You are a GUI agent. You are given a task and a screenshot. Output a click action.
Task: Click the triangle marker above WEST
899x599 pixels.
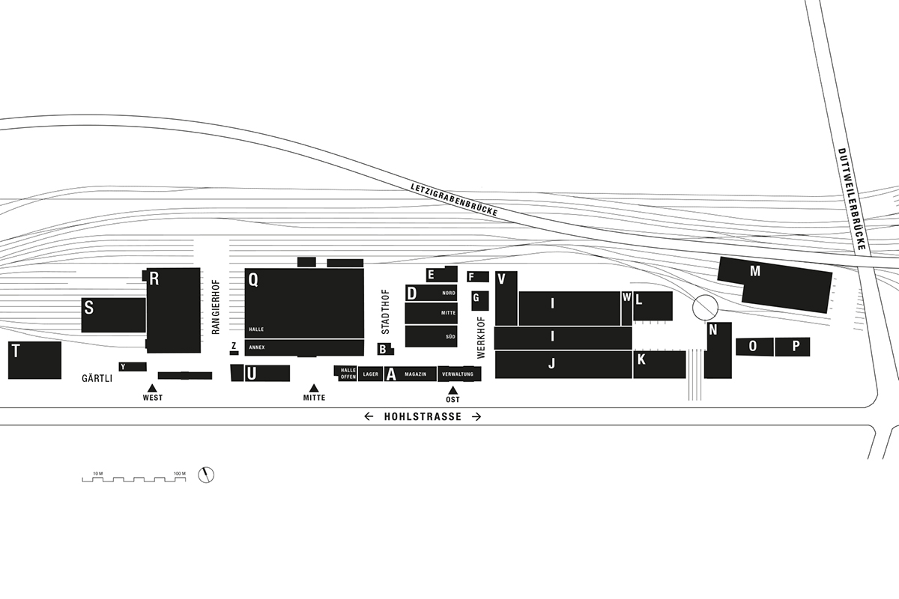pyautogui.click(x=151, y=388)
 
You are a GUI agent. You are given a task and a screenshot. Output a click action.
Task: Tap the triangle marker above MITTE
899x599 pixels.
pyautogui.click(x=314, y=388)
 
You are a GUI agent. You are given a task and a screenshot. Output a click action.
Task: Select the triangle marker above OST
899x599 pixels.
pyautogui.click(x=452, y=390)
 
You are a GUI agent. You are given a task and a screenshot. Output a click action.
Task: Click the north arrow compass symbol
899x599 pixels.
pyautogui.click(x=206, y=475)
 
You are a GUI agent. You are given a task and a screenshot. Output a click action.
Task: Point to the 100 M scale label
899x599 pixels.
pyautogui.click(x=179, y=473)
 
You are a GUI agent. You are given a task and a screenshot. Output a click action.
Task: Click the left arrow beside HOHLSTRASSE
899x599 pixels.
pyautogui.click(x=369, y=416)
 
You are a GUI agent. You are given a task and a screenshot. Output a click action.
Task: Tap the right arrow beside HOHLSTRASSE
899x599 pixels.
pyautogui.click(x=476, y=416)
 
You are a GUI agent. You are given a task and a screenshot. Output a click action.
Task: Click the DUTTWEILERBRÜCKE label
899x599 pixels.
pyautogui.click(x=852, y=199)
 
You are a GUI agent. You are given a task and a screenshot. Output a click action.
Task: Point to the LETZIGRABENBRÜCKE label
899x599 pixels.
pyautogui.click(x=454, y=200)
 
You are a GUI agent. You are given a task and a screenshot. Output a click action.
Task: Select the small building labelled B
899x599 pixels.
pyautogui.click(x=385, y=349)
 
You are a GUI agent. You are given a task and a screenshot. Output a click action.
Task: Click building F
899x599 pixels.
pyautogui.click(x=478, y=277)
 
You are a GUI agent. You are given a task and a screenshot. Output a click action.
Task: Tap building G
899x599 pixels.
pyautogui.click(x=480, y=300)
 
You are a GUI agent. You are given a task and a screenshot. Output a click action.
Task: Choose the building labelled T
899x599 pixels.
pyautogui.click(x=35, y=360)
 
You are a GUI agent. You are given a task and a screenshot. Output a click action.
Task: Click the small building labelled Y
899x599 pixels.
pyautogui.click(x=133, y=367)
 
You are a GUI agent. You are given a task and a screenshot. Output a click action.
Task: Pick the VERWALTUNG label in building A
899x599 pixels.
pyautogui.click(x=458, y=374)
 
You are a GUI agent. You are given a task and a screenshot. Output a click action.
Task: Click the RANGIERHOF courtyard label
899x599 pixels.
pyautogui.click(x=216, y=307)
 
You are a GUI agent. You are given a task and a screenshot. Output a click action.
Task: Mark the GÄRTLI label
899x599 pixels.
pyautogui.click(x=97, y=378)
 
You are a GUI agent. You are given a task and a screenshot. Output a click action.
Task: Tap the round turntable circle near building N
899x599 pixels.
pyautogui.click(x=705, y=307)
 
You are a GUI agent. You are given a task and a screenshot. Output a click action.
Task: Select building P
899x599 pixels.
pyautogui.click(x=793, y=347)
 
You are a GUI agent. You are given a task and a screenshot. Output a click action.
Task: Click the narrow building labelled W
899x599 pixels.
pyautogui.click(x=626, y=308)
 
